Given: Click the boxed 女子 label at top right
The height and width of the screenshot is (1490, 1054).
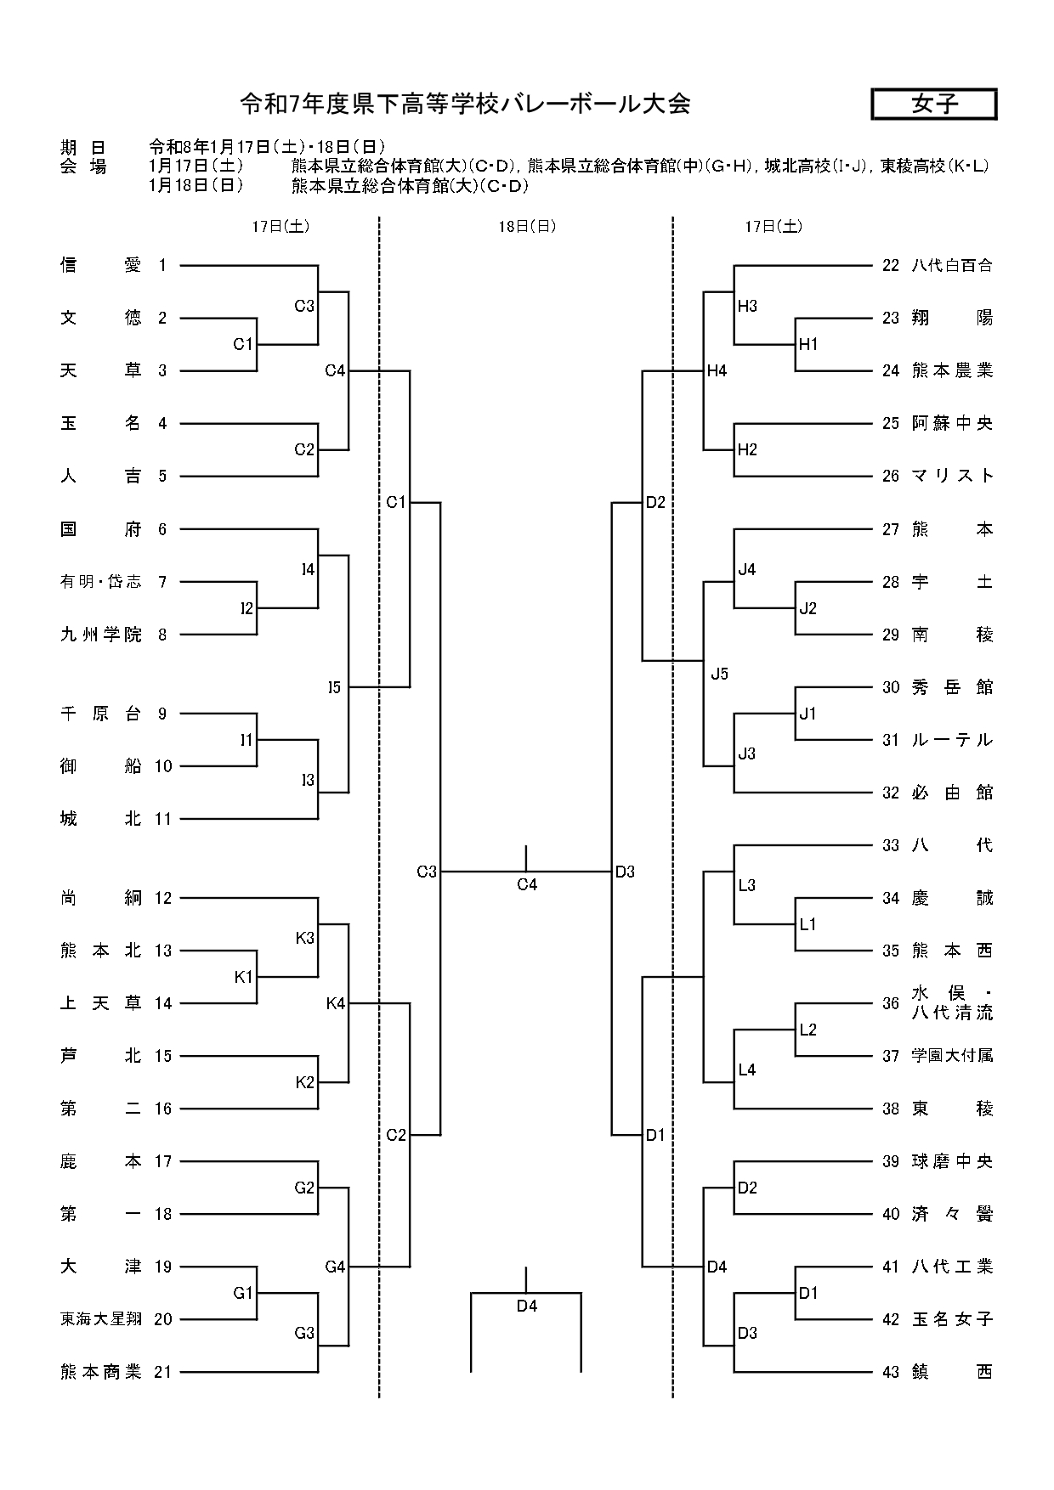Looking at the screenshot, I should click(934, 104).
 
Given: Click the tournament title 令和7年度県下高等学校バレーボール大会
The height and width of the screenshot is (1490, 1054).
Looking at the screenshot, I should click(464, 104).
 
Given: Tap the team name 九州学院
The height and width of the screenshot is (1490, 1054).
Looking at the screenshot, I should click(101, 635).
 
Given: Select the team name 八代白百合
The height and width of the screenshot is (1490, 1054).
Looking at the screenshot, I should click(952, 265).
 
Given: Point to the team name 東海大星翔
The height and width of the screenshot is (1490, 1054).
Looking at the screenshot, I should click(101, 1319).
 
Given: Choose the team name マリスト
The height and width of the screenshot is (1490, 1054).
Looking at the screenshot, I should click(952, 476).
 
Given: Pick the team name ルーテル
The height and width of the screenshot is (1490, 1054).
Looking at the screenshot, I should click(952, 740).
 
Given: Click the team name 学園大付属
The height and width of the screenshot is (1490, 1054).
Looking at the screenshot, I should click(952, 1056).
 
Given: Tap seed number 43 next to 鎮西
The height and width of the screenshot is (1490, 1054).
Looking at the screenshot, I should click(891, 1372).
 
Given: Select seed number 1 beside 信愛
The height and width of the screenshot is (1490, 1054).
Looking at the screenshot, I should click(162, 265).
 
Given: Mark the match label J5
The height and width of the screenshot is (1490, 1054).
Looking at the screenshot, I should click(720, 674).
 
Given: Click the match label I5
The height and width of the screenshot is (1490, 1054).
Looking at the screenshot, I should click(334, 687).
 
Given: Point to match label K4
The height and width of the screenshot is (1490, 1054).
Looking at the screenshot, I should click(335, 1003).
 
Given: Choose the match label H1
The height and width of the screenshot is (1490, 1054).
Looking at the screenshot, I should click(808, 345).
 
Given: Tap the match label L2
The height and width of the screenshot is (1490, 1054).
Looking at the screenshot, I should click(808, 1030).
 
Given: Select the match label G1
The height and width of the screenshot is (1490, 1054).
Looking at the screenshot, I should click(243, 1293).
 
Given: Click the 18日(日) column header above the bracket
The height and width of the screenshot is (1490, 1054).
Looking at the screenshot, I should click(527, 227).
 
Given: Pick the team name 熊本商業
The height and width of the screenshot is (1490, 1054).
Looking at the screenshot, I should click(101, 1372).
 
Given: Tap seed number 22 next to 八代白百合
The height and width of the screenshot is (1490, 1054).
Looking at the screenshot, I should click(891, 265).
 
